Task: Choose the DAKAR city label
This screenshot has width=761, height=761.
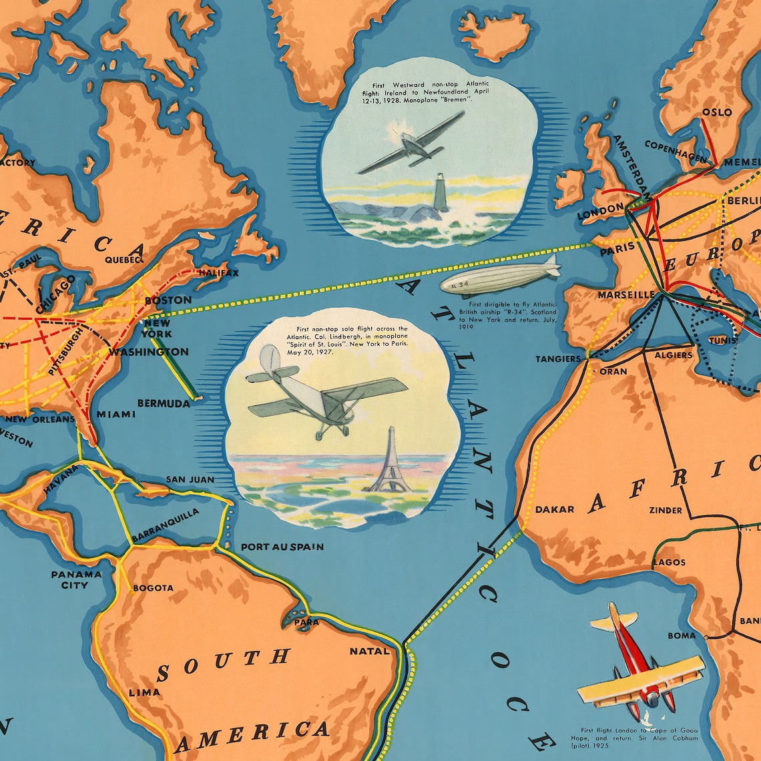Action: click(x=554, y=509)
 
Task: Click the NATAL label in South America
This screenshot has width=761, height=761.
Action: click(x=368, y=650)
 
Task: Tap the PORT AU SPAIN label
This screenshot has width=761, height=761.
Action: click(x=282, y=547)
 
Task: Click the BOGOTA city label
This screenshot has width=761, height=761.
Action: click(x=153, y=588)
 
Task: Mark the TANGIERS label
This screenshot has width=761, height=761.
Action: click(x=558, y=359)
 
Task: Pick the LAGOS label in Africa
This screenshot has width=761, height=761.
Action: click(x=669, y=562)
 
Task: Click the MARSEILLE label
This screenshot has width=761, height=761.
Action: click(x=626, y=294)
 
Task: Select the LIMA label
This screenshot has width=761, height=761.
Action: click(x=145, y=692)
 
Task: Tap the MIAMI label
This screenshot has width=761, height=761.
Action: click(x=116, y=414)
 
